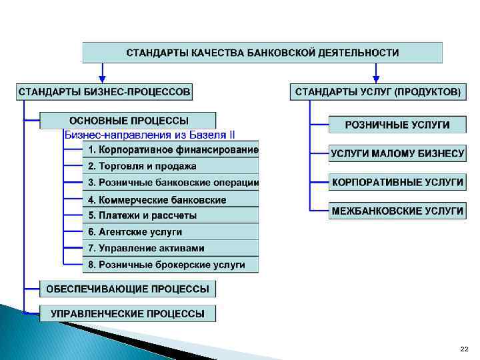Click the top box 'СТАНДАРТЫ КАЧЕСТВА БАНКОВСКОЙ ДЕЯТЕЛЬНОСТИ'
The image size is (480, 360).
coord(262,52)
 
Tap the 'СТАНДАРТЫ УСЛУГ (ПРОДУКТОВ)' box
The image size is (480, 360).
coord(377,91)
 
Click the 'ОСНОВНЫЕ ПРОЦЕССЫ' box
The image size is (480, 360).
coord(128,121)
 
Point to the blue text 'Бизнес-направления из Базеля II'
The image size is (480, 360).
coord(149,134)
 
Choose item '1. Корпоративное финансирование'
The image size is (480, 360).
coord(171,149)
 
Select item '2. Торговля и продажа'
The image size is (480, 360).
coord(171,166)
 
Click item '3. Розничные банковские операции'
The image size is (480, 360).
coord(171,183)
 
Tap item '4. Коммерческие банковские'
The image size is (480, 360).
coord(171,199)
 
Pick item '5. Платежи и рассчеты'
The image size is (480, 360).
coord(171,215)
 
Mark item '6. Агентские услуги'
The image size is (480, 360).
coord(171,232)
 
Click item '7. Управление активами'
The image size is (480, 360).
coord(171,248)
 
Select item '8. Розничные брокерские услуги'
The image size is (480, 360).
coord(171,265)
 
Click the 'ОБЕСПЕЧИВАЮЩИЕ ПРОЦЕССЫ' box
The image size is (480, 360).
coord(128,289)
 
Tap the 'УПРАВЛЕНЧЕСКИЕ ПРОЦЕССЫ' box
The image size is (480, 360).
coord(128,313)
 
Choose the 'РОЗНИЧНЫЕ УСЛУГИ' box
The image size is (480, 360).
coord(397,125)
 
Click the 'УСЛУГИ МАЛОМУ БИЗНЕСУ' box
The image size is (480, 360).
coord(397,153)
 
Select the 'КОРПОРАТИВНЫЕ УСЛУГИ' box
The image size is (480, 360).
coord(397,181)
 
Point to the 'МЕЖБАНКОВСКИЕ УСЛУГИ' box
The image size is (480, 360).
coord(397,211)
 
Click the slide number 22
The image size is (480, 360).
coord(464,349)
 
